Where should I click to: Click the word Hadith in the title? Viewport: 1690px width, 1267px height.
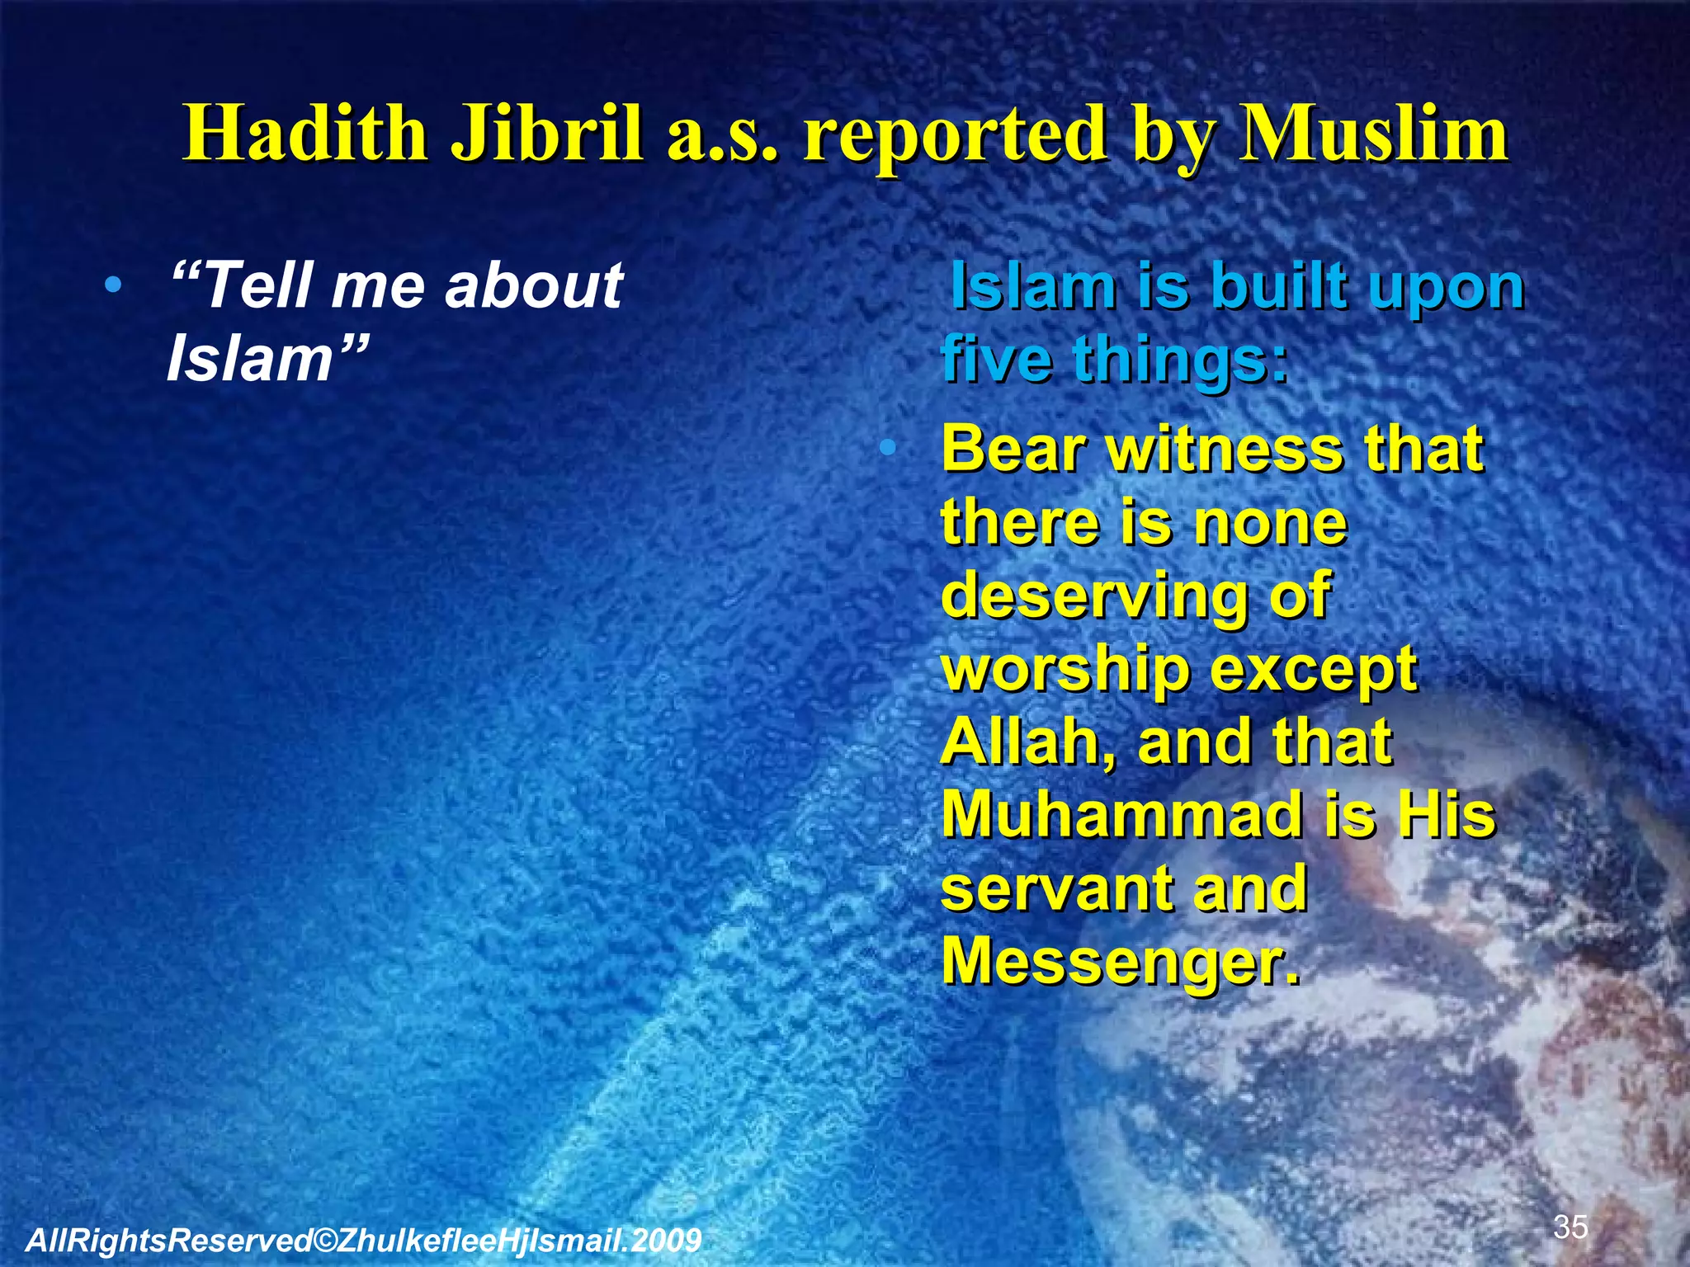[305, 134]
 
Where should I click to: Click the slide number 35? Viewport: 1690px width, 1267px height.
[1570, 1227]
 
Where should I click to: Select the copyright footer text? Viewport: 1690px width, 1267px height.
[363, 1240]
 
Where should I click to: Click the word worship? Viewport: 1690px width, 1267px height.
[1065, 671]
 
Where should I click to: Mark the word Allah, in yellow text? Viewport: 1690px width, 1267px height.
[1028, 742]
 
